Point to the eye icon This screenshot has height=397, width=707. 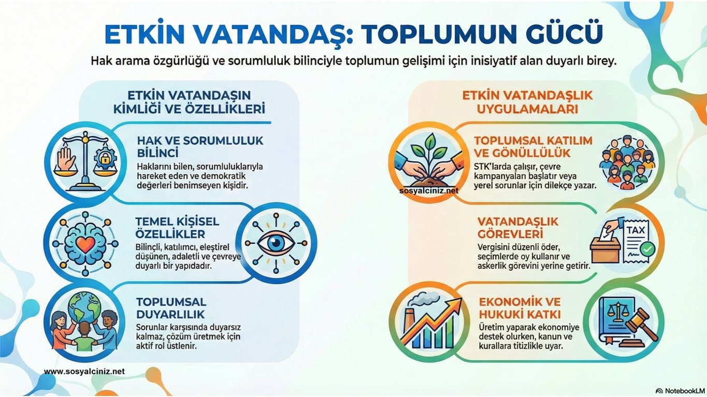[276, 243]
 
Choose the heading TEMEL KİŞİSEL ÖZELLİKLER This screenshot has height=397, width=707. [177, 227]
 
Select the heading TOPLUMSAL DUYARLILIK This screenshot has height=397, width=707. [171, 308]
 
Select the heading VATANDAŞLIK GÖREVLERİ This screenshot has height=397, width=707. [511, 227]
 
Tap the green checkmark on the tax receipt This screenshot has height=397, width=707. [646, 250]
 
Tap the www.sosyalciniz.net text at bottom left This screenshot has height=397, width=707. [84, 372]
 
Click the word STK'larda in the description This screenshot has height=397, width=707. [490, 166]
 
